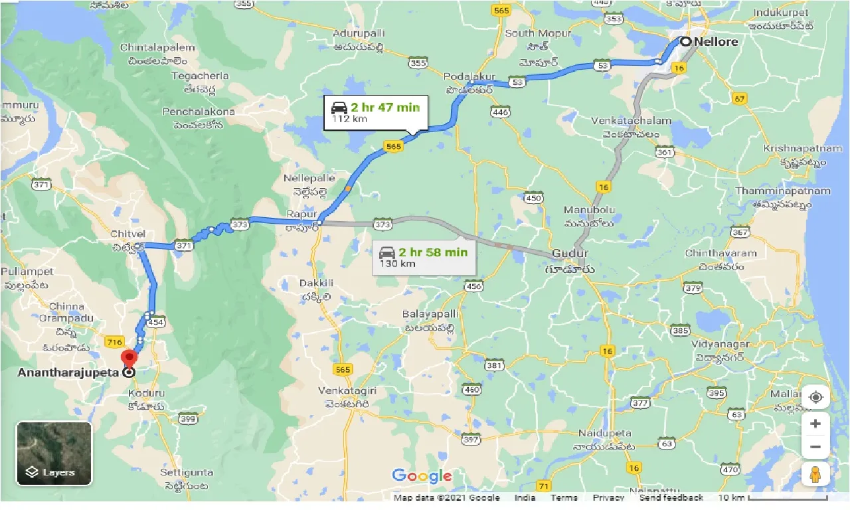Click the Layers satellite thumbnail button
[54, 454]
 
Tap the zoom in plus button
[815, 424]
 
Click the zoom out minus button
[815, 446]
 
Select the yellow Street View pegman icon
[815, 475]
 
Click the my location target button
[815, 397]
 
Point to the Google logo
[422, 475]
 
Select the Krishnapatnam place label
[794, 147]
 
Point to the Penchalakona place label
[199, 112]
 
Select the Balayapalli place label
[430, 313]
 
